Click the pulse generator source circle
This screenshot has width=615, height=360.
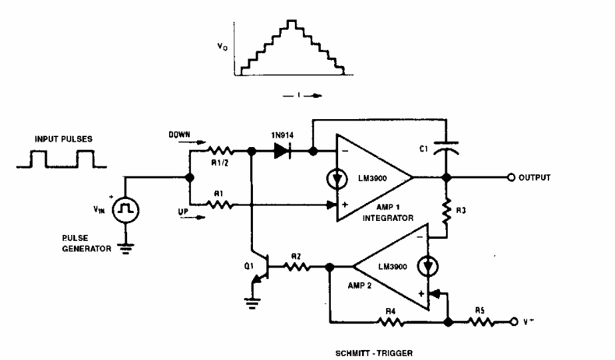(124, 210)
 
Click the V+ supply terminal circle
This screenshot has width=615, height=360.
(514, 321)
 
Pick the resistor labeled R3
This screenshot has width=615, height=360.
(447, 211)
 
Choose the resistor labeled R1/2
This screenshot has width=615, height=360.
(219, 152)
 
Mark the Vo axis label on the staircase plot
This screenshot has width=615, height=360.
(223, 48)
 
